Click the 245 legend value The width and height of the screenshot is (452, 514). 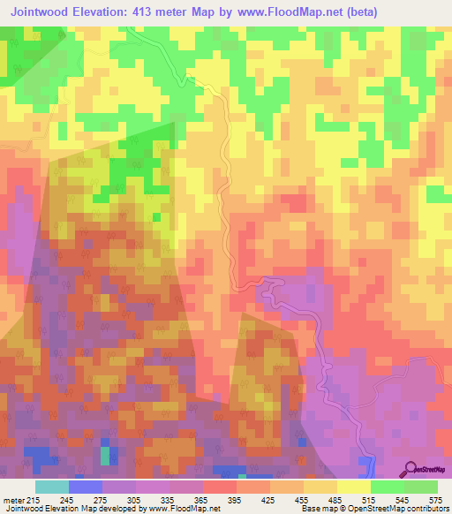click(68, 499)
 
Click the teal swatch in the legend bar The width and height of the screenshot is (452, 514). click(51, 487)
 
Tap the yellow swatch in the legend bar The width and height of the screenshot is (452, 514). click(353, 487)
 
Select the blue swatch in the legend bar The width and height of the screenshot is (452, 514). click(85, 487)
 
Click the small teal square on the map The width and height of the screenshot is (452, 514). click(105, 456)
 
